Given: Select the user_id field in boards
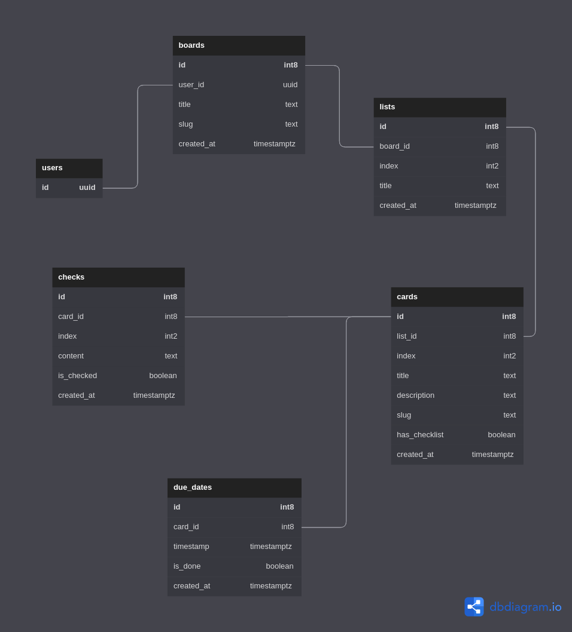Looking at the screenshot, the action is tap(191, 85).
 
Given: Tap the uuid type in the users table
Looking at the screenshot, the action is tap(87, 188).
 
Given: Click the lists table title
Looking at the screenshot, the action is tap(387, 107).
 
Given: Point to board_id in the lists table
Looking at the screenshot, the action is tap(395, 146).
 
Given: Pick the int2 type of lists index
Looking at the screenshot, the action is tap(492, 166).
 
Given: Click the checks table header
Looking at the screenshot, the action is tap(71, 277).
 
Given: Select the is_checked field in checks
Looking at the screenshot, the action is tap(78, 376).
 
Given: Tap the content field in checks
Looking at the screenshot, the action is tap(71, 356).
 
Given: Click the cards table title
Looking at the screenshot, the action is tap(407, 297).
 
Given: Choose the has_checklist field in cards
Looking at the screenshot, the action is tap(420, 435).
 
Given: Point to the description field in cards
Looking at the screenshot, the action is tap(416, 395).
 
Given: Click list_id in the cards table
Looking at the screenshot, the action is tap(407, 336).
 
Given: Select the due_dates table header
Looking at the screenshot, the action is tap(193, 487).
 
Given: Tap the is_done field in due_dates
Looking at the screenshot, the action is tap(187, 566).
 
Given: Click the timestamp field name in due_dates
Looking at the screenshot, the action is tap(191, 547).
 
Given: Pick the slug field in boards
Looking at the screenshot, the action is tap(186, 124).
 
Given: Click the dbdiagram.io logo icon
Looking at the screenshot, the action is tap(474, 607).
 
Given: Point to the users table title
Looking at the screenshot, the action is tap(52, 168).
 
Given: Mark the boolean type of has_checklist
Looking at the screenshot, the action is tap(501, 435).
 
